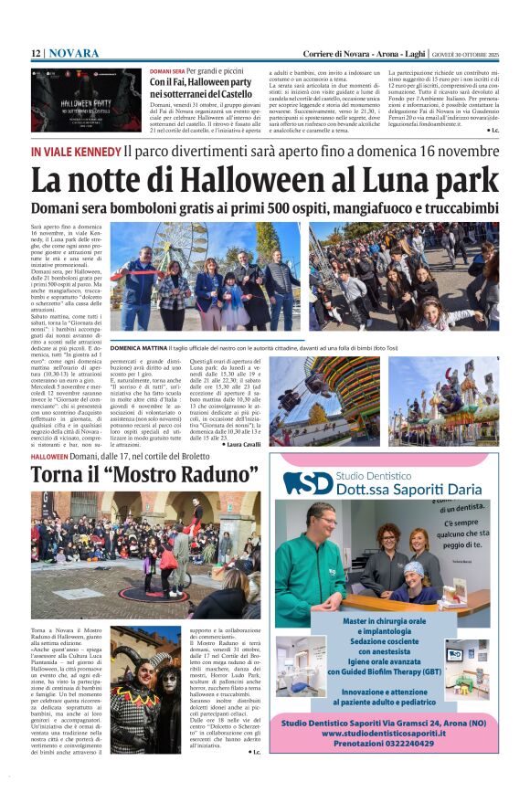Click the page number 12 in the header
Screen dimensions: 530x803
point(36,53)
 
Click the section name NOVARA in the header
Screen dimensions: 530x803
point(74,53)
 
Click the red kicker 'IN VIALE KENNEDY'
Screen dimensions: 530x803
point(75,151)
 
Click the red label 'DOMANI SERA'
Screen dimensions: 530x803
point(166,71)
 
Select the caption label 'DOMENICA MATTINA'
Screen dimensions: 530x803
point(139,348)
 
